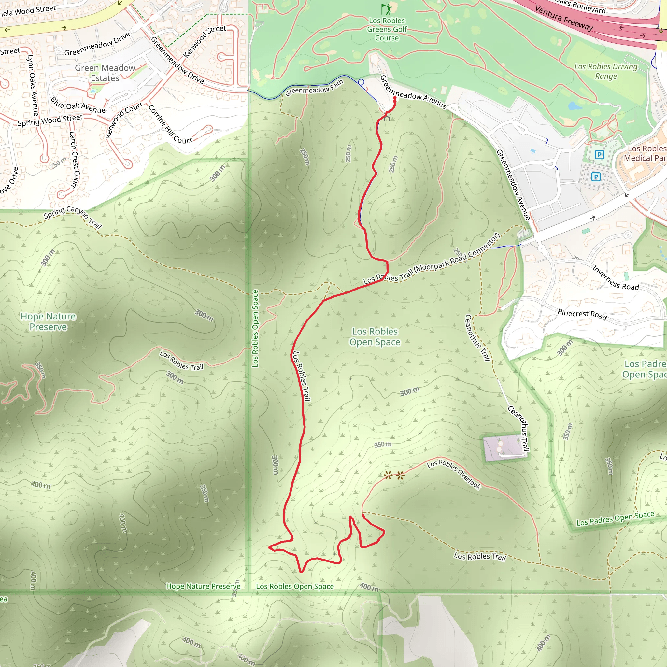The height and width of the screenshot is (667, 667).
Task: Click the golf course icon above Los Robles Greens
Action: (387, 9)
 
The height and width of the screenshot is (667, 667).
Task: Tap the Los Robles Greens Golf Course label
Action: (387, 29)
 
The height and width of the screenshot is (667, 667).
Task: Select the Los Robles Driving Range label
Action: (606, 71)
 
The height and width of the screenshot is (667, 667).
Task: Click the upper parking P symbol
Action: (599, 155)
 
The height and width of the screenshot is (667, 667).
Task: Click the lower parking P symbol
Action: (596, 177)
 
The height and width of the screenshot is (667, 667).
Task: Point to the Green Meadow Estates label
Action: (105, 73)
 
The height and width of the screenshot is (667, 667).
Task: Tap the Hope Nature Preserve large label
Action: (48, 321)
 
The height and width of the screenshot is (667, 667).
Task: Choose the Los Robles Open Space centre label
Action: (375, 337)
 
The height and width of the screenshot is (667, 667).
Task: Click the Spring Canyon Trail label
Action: (73, 217)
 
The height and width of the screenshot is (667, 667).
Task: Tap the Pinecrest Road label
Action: (582, 315)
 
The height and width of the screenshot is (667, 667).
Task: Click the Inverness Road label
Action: (616, 277)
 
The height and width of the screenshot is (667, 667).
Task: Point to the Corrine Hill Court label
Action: (170, 125)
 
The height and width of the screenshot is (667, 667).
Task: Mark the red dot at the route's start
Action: (395, 98)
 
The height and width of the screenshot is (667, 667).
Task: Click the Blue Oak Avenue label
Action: (78, 105)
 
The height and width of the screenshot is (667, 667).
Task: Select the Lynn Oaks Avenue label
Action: (33, 85)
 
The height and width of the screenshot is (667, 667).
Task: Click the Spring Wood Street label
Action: (50, 121)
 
